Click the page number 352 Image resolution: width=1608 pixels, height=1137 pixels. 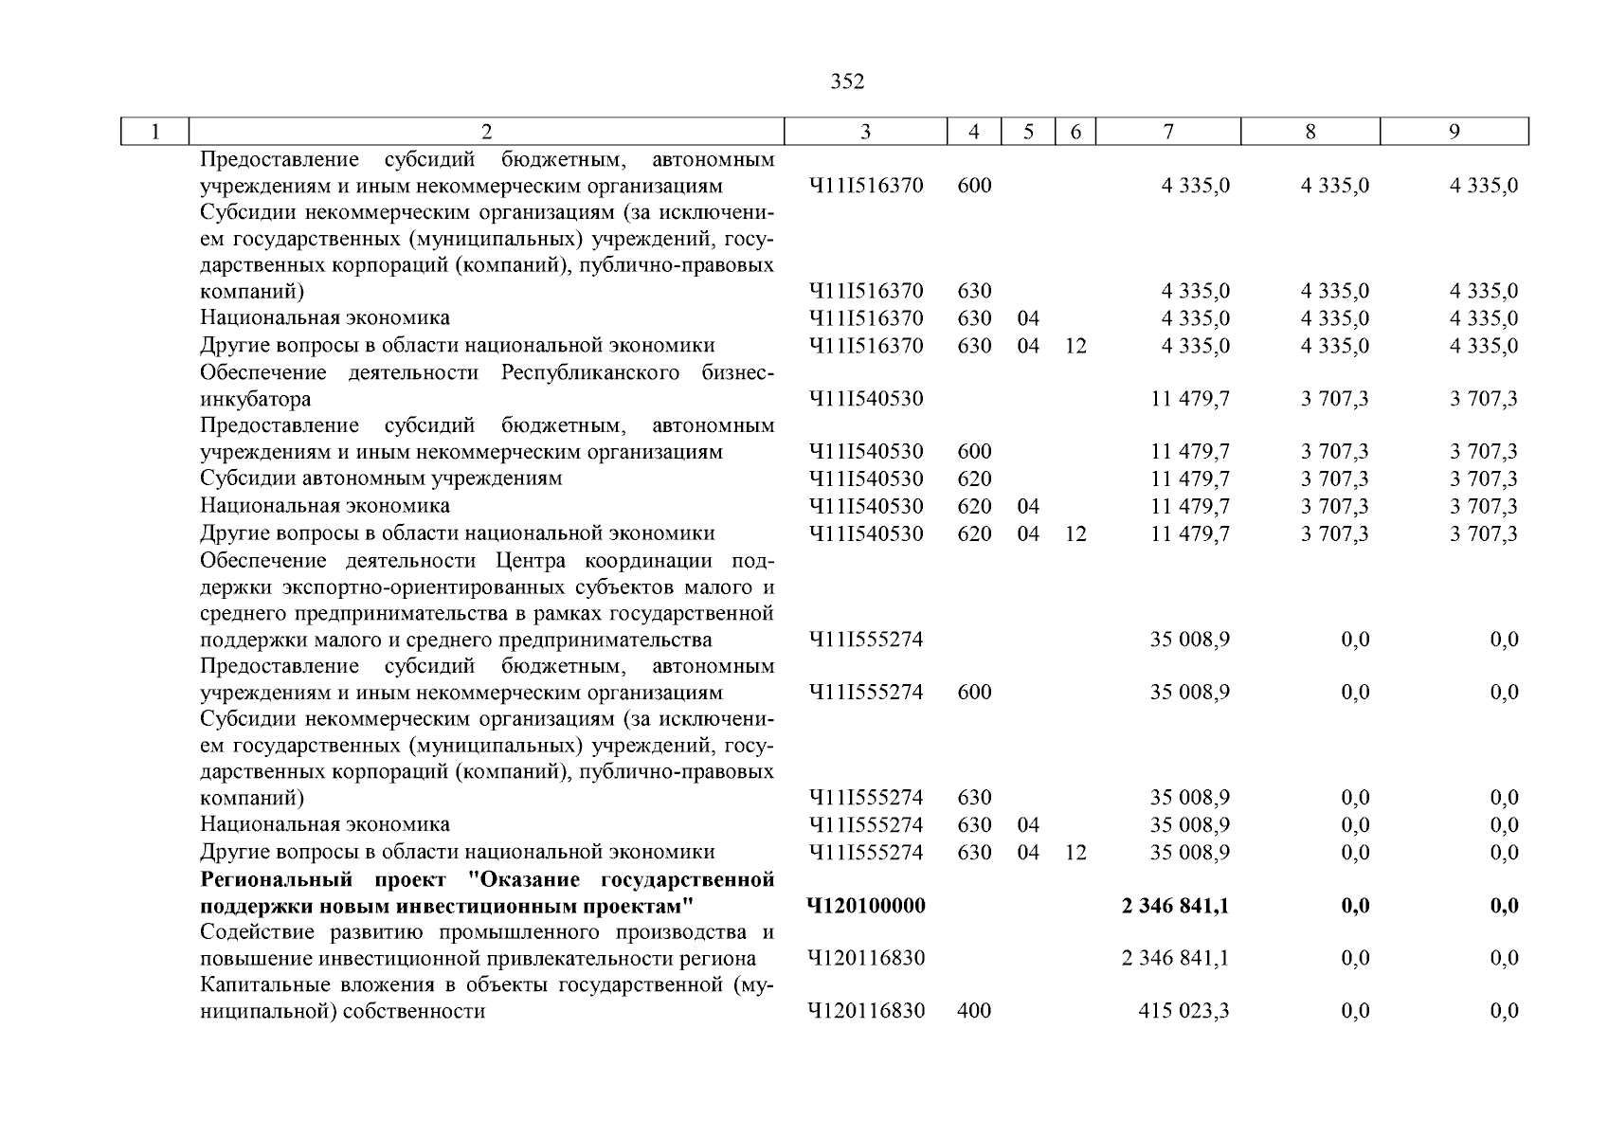pyautogui.click(x=847, y=82)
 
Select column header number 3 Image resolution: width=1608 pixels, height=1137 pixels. pyautogui.click(x=865, y=132)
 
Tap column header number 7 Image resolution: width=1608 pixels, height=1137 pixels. pyautogui.click(x=1168, y=132)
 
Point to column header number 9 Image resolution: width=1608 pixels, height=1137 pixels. pyautogui.click(x=1454, y=132)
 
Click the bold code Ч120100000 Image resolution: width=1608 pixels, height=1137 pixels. pyautogui.click(x=865, y=906)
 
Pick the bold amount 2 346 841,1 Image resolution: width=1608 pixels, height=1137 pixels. pyautogui.click(x=1175, y=906)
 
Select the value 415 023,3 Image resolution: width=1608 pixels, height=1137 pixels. pyautogui.click(x=1183, y=1011)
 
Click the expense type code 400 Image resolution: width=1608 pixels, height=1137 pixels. pyautogui.click(x=974, y=1011)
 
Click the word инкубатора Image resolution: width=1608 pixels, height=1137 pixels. pyautogui.click(x=255, y=399)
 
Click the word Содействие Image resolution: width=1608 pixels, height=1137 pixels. pyautogui.click(x=253, y=931)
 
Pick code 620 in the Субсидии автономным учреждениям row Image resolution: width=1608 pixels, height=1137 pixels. pyautogui.click(x=974, y=479)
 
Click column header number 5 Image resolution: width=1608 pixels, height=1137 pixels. pyautogui.click(x=1028, y=132)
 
